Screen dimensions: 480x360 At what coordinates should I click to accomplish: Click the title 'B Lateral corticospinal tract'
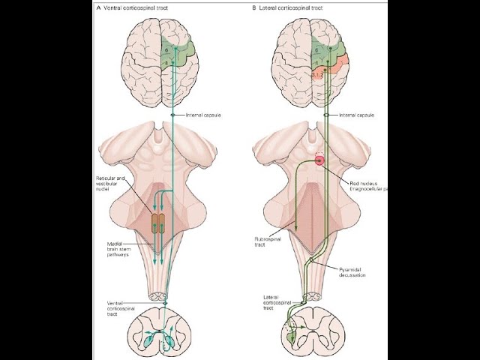tap(289, 8)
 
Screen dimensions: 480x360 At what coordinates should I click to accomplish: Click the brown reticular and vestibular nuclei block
tap(160, 223)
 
